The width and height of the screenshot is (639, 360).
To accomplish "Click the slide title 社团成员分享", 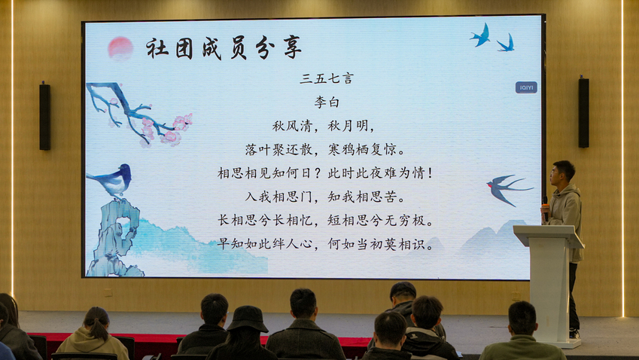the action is [x=224, y=48].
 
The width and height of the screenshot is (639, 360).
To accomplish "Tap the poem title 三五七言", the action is [x=327, y=78].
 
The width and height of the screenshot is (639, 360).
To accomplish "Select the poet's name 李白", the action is [x=327, y=102].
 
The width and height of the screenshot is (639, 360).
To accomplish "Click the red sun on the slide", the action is [x=120, y=48].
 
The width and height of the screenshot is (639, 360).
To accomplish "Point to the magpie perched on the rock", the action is [x=111, y=180].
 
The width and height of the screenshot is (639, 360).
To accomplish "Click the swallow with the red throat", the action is [x=507, y=189].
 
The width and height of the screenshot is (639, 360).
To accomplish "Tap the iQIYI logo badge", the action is [x=526, y=87].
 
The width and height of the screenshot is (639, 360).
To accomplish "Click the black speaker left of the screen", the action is [x=45, y=117].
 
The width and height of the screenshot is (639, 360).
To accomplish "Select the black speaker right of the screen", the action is [x=583, y=112].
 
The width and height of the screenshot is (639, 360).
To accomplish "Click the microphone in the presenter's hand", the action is [x=545, y=207].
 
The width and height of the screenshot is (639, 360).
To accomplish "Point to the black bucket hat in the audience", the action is [x=247, y=319].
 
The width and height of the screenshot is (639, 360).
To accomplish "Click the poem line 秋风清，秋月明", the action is [x=323, y=126].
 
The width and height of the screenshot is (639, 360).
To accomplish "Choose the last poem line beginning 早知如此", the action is [x=325, y=244].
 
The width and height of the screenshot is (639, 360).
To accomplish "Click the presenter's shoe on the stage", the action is [x=574, y=334].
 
